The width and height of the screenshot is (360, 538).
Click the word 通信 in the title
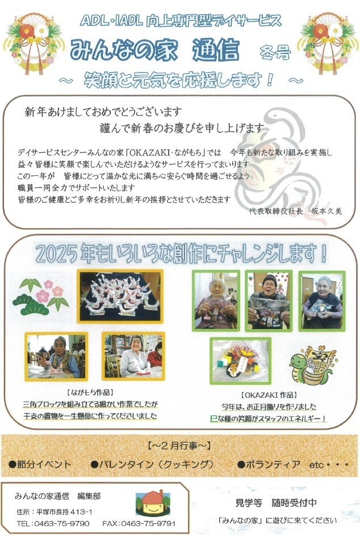pyautogui.click(x=216, y=51)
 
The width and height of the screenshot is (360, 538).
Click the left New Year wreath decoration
pyautogui.click(x=33, y=43)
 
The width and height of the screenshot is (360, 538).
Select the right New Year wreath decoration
pyautogui.click(x=326, y=43)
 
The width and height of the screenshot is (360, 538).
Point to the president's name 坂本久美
pyautogui.click(x=326, y=211)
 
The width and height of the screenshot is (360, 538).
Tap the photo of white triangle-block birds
pyautogui.click(x=120, y=296)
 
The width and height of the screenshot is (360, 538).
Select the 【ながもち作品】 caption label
pyautogui.click(x=90, y=392)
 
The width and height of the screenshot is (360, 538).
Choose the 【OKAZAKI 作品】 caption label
pyautogui.click(x=269, y=395)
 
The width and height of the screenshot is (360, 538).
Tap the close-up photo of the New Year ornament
pyautogui.click(x=241, y=360)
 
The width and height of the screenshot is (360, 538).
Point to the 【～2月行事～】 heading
pyautogui.click(x=179, y=445)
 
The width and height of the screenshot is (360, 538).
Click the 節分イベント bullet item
pyautogui.click(x=40, y=464)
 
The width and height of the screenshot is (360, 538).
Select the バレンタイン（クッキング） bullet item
pyautogui.click(x=153, y=464)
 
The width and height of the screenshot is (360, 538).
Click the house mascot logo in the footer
pyautogui.click(x=153, y=503)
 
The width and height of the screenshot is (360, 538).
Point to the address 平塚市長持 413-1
pyautogui.click(x=65, y=512)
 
